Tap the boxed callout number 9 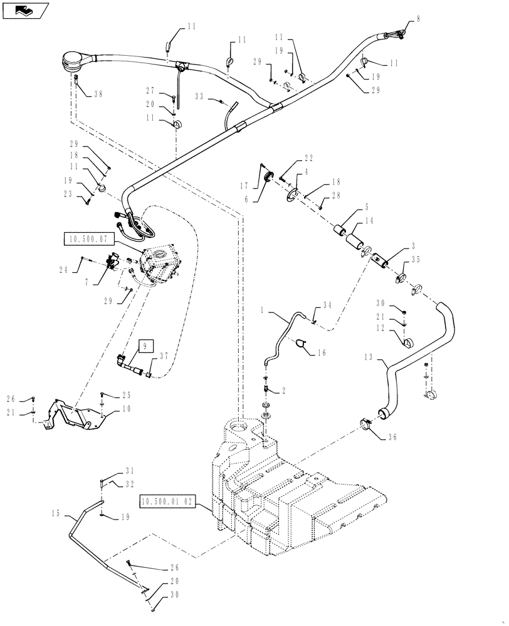coord(145,345)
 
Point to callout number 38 coord(96,94)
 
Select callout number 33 coord(199,97)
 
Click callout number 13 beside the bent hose coord(370,358)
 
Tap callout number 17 coord(246,185)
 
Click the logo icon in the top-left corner coord(23,9)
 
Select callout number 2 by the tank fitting coord(283,390)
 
